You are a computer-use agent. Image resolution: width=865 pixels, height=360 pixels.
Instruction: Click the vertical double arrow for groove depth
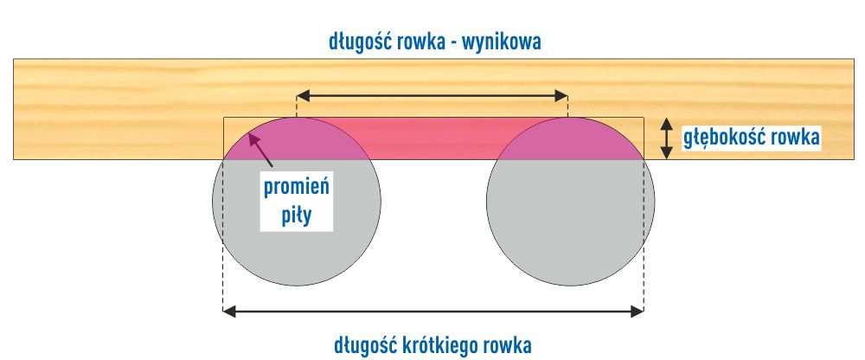[666, 138]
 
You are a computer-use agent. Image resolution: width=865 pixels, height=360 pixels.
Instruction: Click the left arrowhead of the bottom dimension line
[228, 309]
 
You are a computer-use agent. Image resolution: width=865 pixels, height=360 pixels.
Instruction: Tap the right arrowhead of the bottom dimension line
[638, 309]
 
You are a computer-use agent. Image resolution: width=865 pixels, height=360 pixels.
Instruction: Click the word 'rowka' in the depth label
[793, 138]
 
